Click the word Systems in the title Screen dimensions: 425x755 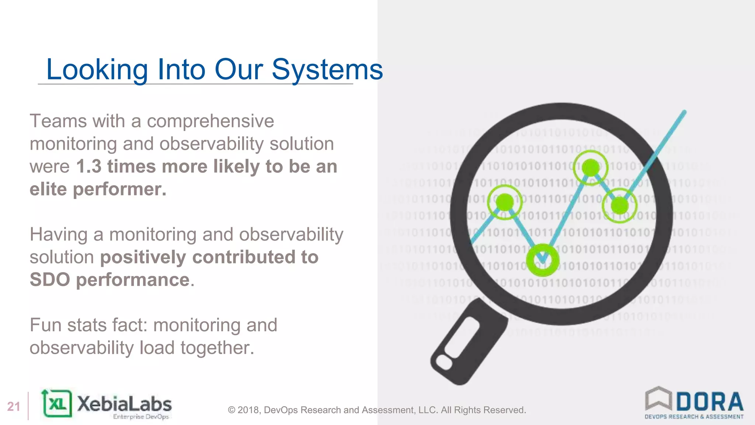pos(327,69)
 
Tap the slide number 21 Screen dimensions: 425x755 pos(14,407)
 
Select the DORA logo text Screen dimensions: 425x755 pos(709,402)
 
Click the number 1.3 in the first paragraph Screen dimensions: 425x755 pos(88,166)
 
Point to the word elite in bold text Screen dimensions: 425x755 pos(48,189)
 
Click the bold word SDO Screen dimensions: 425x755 pos(50,280)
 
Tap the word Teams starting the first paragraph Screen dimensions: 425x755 pos(59,121)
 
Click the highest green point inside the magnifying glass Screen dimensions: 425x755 pos(591,167)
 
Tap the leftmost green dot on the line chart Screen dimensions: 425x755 pos(505,202)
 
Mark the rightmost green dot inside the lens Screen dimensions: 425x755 pos(620,205)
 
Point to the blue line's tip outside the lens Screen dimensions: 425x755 pos(684,112)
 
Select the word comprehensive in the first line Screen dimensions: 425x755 pos(210,121)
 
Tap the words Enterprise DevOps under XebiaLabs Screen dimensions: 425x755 pos(141,417)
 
